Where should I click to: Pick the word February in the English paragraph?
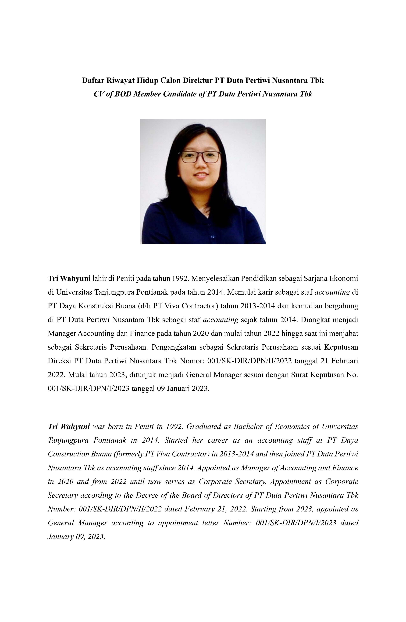[199, 509]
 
